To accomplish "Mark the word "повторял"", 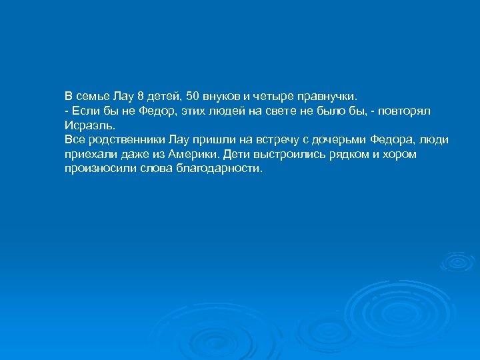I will click(x=421, y=109).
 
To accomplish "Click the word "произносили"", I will click(x=97, y=169).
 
